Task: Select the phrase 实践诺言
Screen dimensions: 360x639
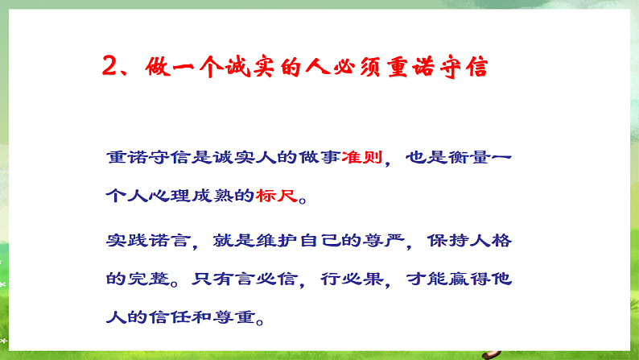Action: point(146,242)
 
